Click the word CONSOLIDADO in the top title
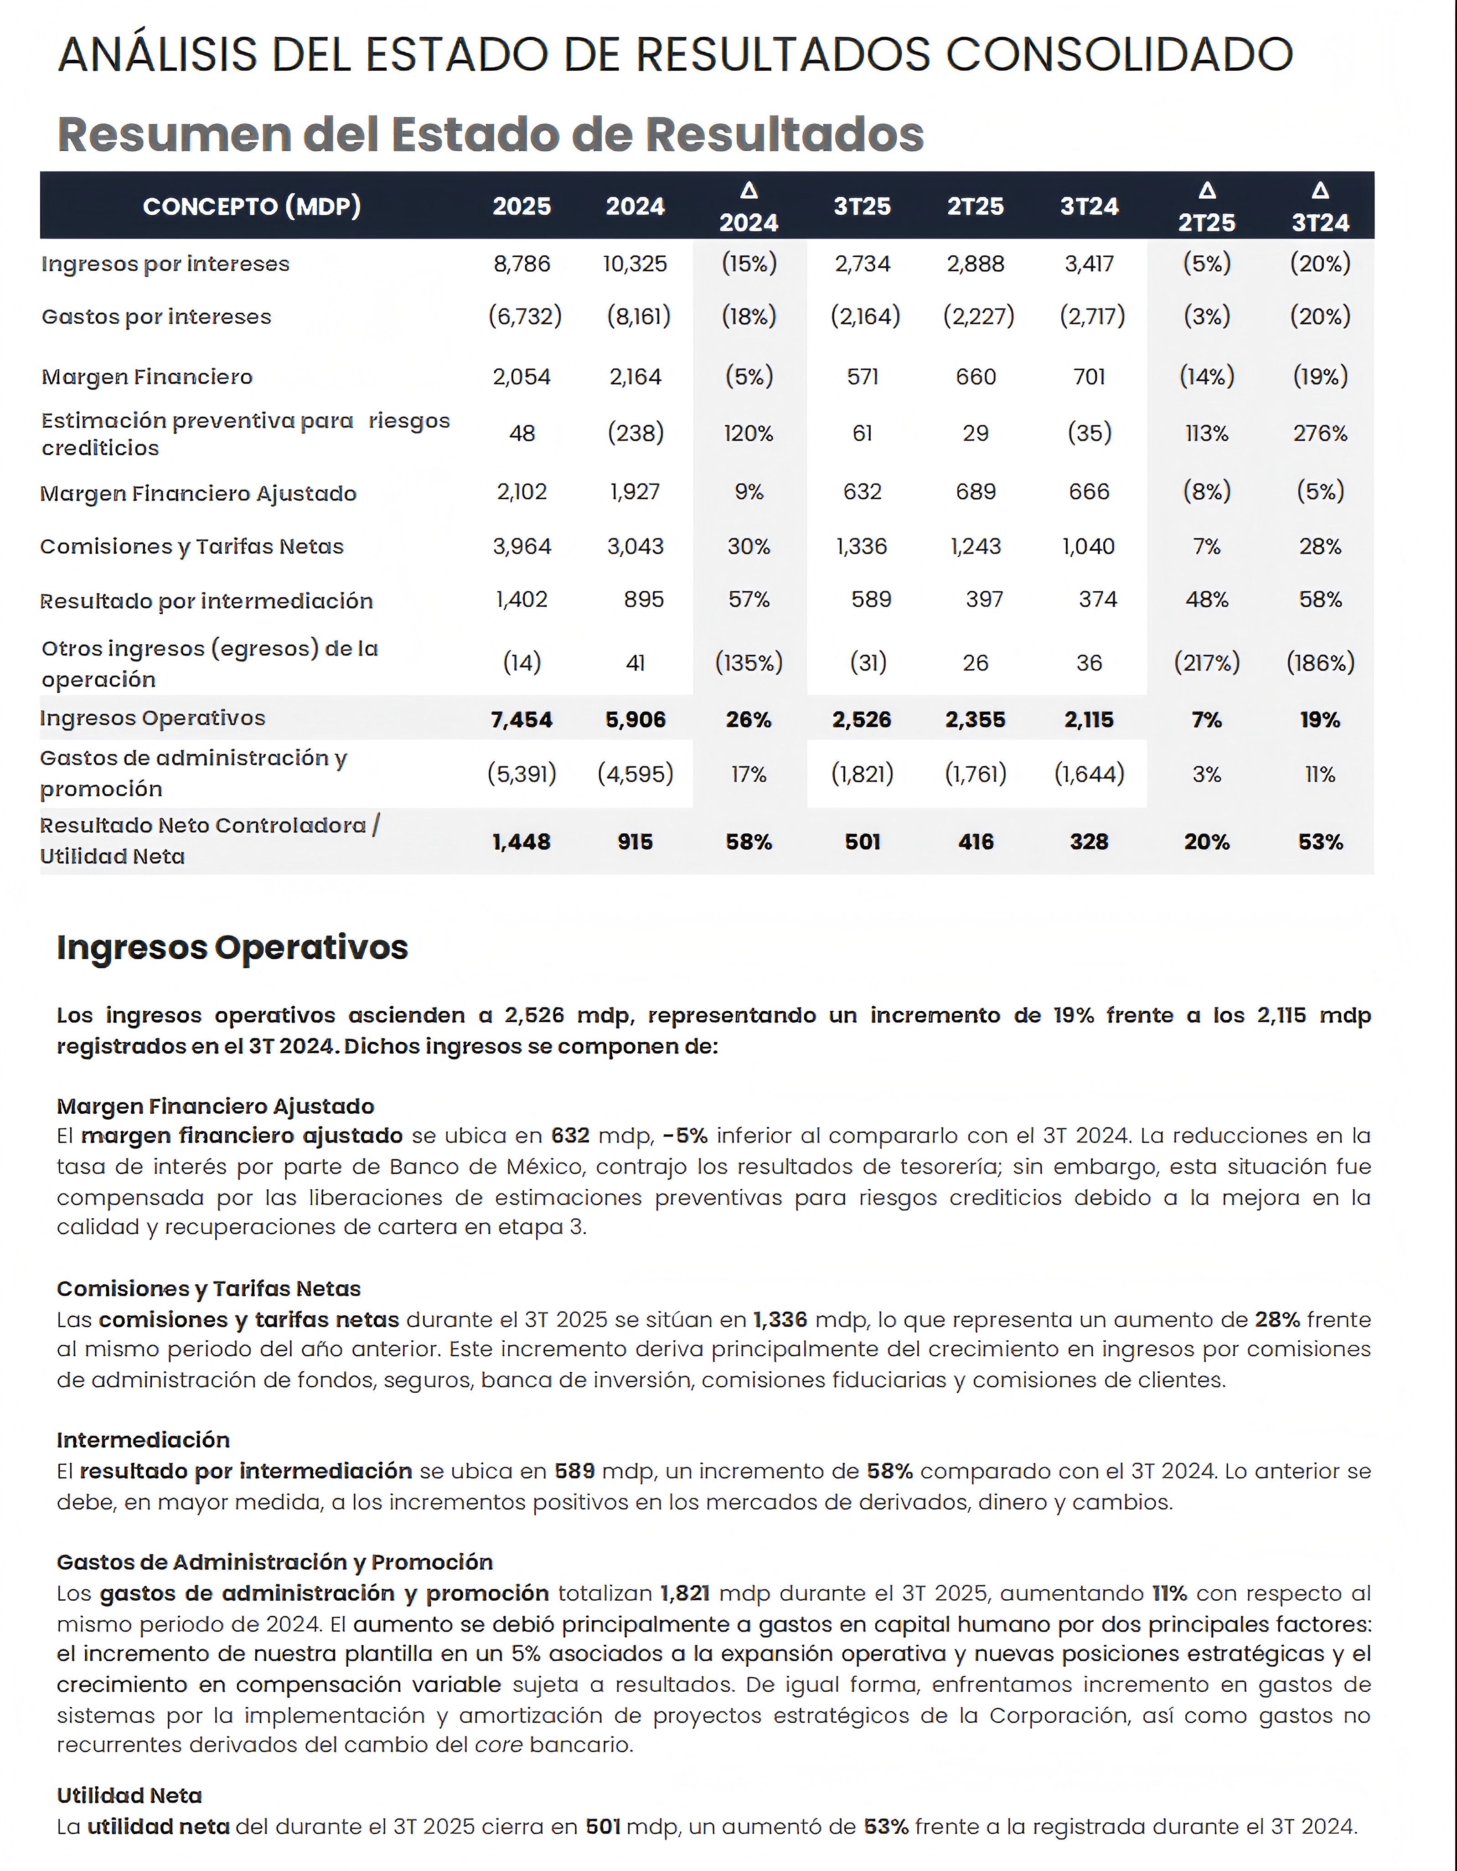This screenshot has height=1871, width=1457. tap(1119, 55)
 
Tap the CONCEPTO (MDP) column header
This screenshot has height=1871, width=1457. tap(252, 207)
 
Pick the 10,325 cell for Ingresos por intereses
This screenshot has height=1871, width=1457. tap(635, 264)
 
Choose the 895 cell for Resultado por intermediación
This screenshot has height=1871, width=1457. tap(643, 600)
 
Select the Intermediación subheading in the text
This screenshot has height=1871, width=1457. tap(143, 1440)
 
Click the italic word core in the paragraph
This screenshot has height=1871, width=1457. tap(499, 1745)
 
